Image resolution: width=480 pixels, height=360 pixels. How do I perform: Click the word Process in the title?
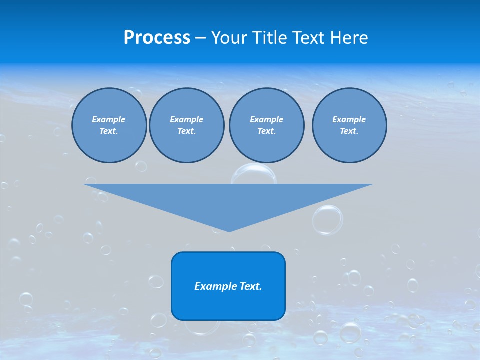(x=157, y=38)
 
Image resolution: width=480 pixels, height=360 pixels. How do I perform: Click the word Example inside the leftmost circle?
(x=109, y=119)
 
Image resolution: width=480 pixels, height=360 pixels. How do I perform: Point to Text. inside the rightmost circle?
(x=349, y=131)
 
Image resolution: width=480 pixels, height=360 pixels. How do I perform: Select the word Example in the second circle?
(x=186, y=119)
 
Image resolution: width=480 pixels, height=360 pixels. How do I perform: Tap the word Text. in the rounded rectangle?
(x=251, y=286)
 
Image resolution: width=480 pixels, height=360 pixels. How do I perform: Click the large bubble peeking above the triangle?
(x=254, y=174)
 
